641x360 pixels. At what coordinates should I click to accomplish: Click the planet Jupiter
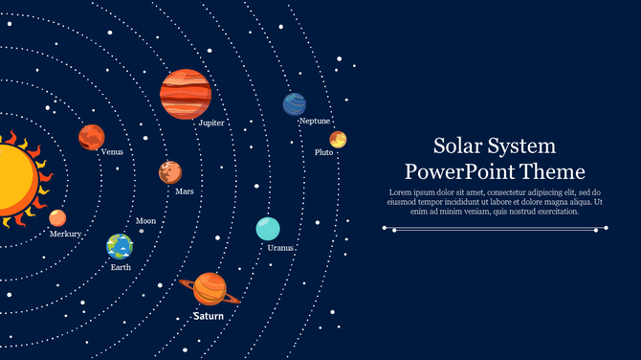point(186,94)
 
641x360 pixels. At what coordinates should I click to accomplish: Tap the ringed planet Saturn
point(210,288)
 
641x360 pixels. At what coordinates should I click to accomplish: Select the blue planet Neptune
point(295,104)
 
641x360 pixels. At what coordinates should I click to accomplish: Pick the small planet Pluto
point(338,140)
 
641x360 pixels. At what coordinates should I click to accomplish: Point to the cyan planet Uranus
point(268,229)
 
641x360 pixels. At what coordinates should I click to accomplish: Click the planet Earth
point(120,247)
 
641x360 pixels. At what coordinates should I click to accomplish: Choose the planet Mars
point(170,172)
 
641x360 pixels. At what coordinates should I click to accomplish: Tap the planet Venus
point(91,138)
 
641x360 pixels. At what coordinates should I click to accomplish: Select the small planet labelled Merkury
point(57,217)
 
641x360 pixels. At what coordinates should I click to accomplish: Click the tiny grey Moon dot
point(142,231)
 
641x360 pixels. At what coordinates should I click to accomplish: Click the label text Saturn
point(208,316)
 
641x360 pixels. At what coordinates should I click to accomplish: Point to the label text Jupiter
point(211,124)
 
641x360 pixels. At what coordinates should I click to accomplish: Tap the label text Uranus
point(280,248)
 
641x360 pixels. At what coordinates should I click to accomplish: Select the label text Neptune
point(315,122)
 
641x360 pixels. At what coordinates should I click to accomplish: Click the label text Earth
point(121,268)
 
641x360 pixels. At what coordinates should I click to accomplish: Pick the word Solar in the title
point(455,146)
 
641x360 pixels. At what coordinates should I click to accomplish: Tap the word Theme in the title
point(554,172)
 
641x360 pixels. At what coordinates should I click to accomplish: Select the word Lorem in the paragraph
point(400,192)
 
